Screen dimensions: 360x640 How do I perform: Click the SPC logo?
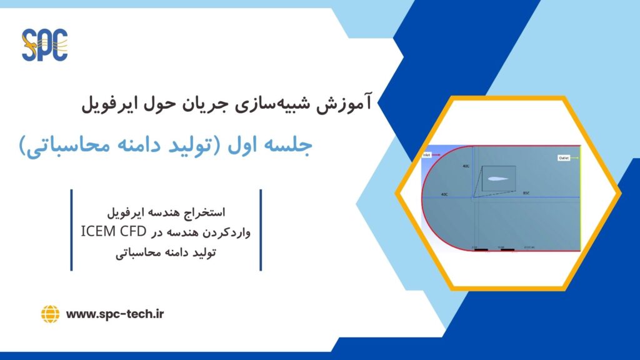[x=44, y=45]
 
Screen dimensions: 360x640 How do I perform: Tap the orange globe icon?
[x=50, y=314]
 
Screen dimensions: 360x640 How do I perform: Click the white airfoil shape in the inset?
[x=497, y=179]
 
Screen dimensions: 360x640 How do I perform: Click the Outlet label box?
[x=564, y=158]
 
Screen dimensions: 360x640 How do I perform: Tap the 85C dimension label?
[x=527, y=194]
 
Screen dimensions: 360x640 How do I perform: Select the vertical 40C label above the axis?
[x=466, y=167]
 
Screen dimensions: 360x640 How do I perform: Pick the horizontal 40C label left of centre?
[x=444, y=194]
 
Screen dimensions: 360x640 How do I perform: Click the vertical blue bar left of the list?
[x=72, y=230]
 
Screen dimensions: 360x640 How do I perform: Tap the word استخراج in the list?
[x=231, y=212]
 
